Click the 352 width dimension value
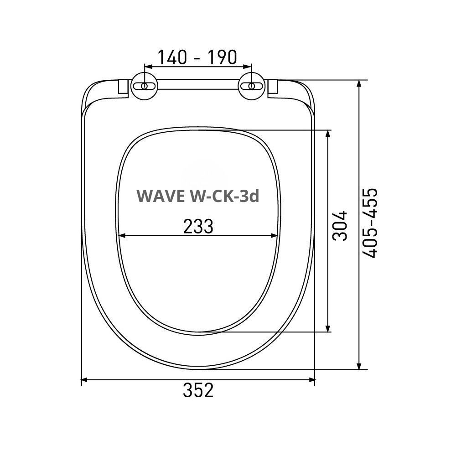pyautogui.click(x=198, y=390)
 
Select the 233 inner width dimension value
pyautogui.click(x=198, y=226)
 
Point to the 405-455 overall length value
pyautogui.click(x=371, y=223)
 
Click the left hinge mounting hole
pyautogui.click(x=145, y=86)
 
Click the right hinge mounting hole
pyautogui.click(x=251, y=86)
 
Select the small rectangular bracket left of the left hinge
pyautogui.click(x=123, y=87)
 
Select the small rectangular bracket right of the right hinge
pyautogui.click(x=273, y=87)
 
